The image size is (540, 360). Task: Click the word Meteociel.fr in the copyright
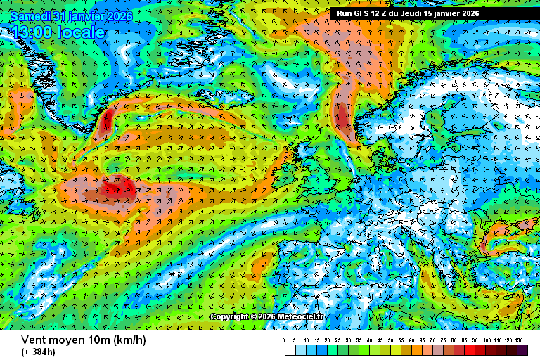300,316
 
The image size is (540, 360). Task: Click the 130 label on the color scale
520,340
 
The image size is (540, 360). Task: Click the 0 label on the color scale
284,340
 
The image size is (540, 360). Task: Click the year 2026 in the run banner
468,13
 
